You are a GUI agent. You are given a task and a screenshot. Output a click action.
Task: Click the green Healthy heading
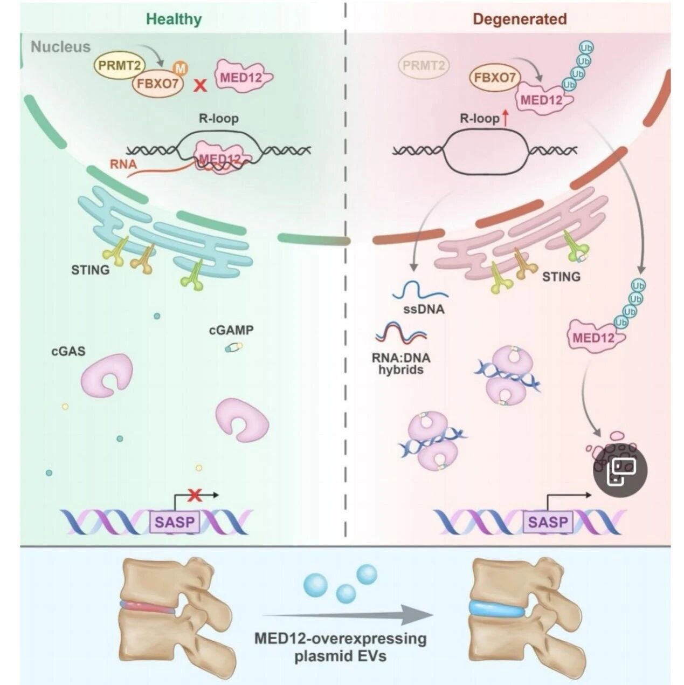pyautogui.click(x=174, y=19)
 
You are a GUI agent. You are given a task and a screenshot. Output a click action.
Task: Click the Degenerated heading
pyautogui.click(x=520, y=19)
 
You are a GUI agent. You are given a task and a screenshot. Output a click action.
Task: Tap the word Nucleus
pyautogui.click(x=61, y=47)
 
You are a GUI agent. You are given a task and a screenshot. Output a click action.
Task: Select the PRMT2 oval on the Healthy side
pyautogui.click(x=120, y=65)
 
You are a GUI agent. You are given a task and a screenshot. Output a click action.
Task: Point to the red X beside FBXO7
pyautogui.click(x=200, y=86)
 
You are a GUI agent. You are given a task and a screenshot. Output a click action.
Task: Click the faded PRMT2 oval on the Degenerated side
pyautogui.click(x=424, y=65)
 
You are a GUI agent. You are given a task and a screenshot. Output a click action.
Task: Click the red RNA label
pyautogui.click(x=123, y=164)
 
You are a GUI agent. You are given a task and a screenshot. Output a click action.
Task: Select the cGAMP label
pyautogui.click(x=231, y=330)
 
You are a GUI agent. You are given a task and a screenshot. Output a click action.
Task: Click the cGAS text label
pyautogui.click(x=68, y=352)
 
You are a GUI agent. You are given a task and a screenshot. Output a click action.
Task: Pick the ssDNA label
pyautogui.click(x=424, y=309)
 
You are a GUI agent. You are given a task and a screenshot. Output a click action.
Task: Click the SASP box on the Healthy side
pyautogui.click(x=175, y=522)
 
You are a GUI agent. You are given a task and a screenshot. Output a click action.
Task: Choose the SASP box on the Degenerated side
pyautogui.click(x=548, y=522)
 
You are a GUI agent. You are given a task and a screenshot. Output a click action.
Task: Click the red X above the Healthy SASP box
pyautogui.click(x=195, y=495)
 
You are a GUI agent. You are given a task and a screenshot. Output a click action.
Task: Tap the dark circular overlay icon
pyautogui.click(x=620, y=470)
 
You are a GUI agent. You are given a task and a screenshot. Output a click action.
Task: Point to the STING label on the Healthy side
pyautogui.click(x=91, y=270)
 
